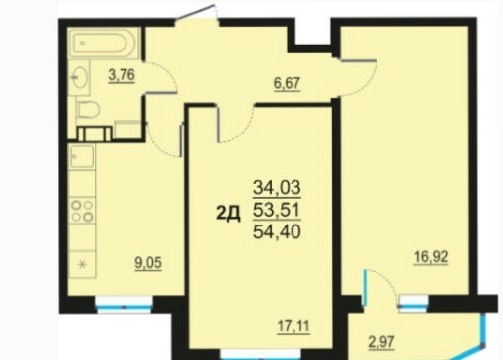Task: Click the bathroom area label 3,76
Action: (x=122, y=75)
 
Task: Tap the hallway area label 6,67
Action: (x=287, y=83)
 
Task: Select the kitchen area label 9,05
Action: (x=148, y=263)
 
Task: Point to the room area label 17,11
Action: (x=293, y=327)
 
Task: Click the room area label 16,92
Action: (x=431, y=257)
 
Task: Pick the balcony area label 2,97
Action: (x=381, y=342)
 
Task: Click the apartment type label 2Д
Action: (x=228, y=214)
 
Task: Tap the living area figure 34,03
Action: (x=277, y=188)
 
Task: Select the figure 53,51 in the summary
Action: (x=277, y=210)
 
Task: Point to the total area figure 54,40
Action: (x=277, y=231)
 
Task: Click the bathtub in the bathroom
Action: (x=103, y=44)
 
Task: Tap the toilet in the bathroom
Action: (x=88, y=109)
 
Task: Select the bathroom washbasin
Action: (x=80, y=78)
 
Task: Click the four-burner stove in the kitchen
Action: (x=82, y=211)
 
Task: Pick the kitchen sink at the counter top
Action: (x=82, y=157)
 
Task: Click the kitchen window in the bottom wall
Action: (x=125, y=304)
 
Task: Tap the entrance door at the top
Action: (x=197, y=14)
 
